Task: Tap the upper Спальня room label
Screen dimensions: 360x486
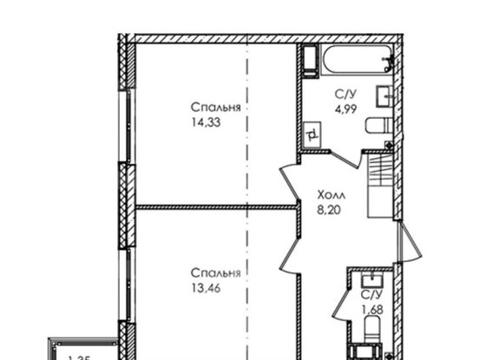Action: click(x=216, y=108)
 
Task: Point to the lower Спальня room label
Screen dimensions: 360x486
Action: click(x=217, y=273)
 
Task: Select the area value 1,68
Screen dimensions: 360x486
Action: click(x=370, y=308)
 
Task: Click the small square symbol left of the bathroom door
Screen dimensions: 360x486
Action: click(x=311, y=133)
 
